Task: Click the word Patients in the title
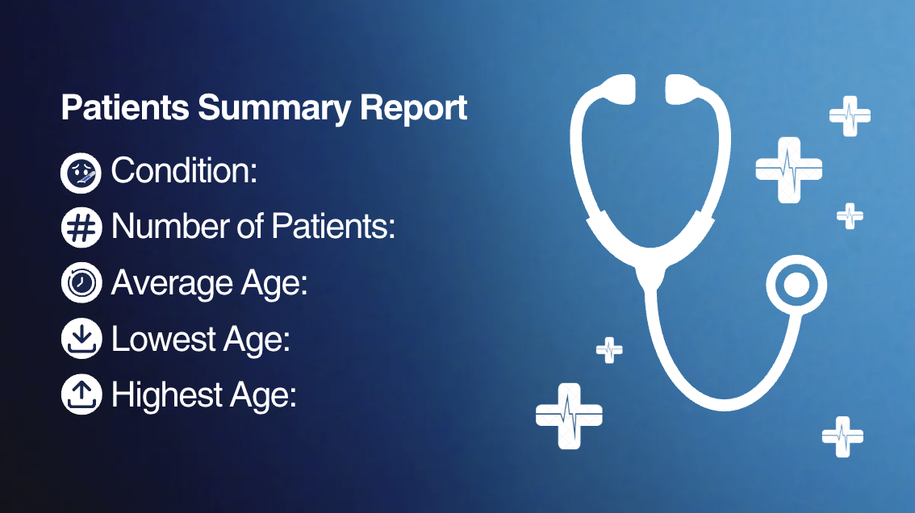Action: click(125, 107)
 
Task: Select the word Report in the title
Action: click(413, 109)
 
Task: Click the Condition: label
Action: click(184, 170)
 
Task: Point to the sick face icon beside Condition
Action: click(81, 173)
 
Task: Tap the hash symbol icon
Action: click(81, 227)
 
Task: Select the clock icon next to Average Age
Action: click(81, 282)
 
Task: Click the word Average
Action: click(172, 283)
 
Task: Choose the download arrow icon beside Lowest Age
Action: click(81, 339)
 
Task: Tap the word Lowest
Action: click(163, 339)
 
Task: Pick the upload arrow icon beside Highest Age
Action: click(81, 394)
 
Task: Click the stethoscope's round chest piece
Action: click(796, 286)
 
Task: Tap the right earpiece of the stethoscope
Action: click(682, 89)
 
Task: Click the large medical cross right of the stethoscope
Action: click(789, 170)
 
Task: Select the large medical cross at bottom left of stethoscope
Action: click(569, 416)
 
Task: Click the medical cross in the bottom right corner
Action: click(842, 436)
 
